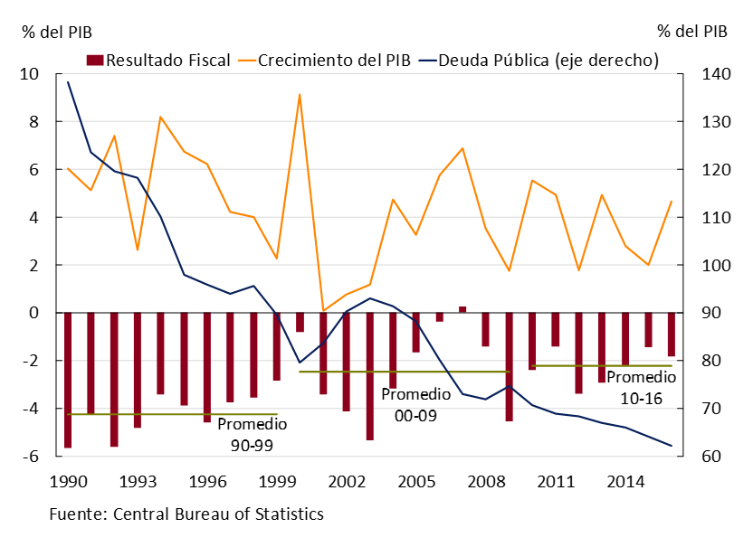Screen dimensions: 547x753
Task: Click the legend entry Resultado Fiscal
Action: [x=157, y=61]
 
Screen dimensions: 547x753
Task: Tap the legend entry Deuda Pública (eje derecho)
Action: [x=539, y=61]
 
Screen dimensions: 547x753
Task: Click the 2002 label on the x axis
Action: [x=346, y=479]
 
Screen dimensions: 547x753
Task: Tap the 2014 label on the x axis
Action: [x=624, y=479]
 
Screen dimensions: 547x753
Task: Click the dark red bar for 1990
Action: [x=67, y=380]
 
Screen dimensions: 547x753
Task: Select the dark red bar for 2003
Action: [x=369, y=376]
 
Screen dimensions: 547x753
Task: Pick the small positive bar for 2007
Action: [x=462, y=309]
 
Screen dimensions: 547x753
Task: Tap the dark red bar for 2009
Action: [x=509, y=366]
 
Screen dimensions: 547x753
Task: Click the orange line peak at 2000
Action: [x=300, y=94]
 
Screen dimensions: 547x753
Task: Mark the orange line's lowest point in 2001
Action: [x=323, y=311]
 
